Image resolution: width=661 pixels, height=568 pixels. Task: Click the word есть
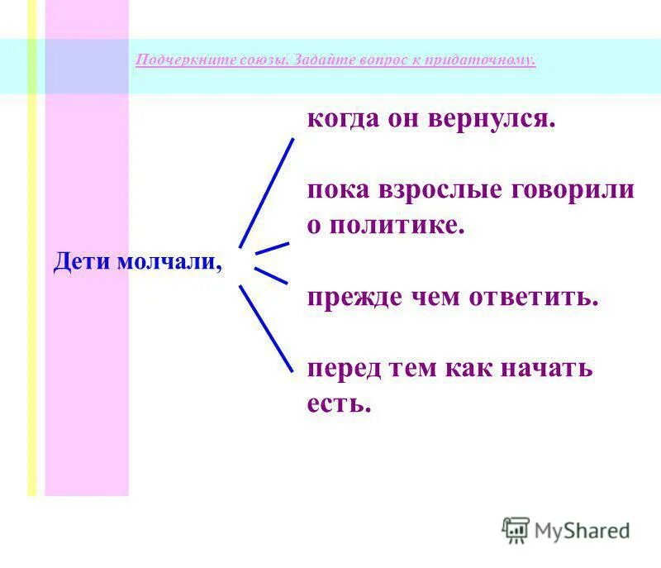click(x=339, y=403)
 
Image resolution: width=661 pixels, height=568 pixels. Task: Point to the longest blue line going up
click(x=266, y=193)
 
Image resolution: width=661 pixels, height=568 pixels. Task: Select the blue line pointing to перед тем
click(x=265, y=327)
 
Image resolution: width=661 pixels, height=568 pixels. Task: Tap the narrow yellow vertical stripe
click(x=32, y=248)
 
